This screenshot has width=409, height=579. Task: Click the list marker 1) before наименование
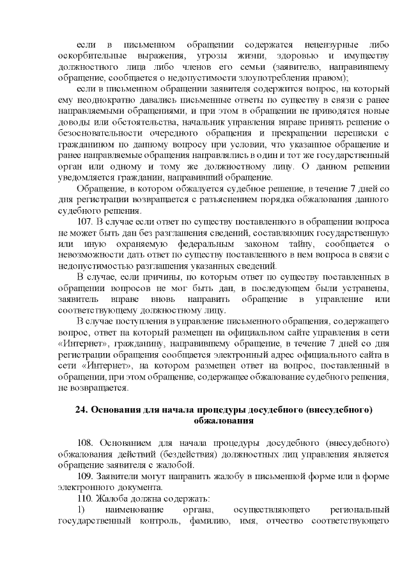click(81, 510)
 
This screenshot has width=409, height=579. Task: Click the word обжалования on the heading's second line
click(224, 421)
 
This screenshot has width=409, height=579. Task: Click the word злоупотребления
click(245, 77)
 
